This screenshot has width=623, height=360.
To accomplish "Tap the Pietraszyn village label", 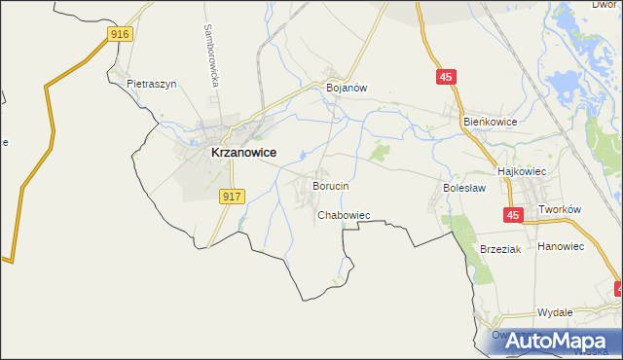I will pos(151,85).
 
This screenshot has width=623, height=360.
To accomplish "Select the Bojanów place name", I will pos(346,88).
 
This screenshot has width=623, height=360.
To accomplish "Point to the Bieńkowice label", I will pos(490,122).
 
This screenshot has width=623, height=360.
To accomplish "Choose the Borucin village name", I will pos(330,185).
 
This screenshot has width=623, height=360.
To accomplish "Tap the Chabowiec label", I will pos(344,215).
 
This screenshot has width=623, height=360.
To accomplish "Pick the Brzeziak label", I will pos(501,249).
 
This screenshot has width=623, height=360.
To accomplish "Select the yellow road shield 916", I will pos(120,34).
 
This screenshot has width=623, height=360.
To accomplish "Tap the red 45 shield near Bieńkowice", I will pos(447,78).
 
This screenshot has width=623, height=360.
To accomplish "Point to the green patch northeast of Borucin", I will pos(380,152).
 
